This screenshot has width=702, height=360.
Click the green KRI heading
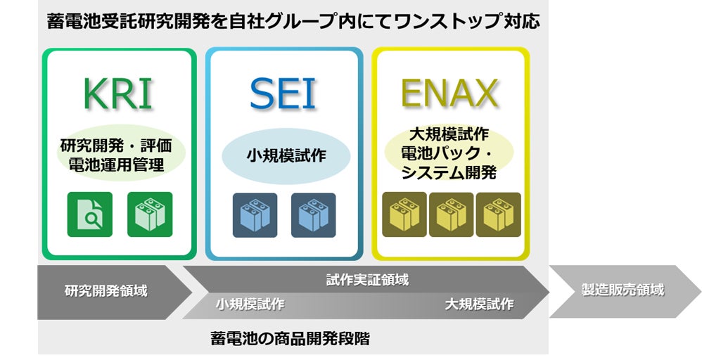117,94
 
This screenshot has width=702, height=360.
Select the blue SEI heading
283,94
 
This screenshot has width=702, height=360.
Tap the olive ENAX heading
449,94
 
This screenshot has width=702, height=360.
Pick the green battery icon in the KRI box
150,214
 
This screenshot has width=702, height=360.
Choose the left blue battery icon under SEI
255,214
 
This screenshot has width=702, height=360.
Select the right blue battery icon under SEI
313,214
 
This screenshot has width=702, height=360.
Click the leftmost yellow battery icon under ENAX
404,214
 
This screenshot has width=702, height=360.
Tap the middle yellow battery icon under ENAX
451,214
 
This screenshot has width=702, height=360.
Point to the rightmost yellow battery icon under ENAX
498,214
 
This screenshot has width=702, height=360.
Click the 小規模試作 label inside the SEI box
285,156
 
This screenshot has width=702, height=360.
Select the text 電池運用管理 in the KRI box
117,166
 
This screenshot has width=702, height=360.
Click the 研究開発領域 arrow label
106,290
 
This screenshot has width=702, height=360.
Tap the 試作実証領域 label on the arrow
367,280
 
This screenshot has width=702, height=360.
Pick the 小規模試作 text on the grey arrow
250,304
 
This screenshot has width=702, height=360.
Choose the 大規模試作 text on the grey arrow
479,304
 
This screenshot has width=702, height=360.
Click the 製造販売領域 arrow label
623,290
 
